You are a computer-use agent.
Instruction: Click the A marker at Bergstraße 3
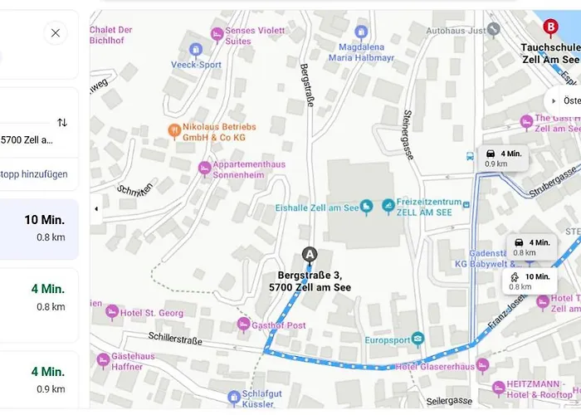click(x=310, y=255)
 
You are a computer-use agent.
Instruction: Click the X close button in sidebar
click(x=56, y=33)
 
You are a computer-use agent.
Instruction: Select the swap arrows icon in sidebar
click(x=62, y=122)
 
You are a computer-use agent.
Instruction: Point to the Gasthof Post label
click(x=278, y=325)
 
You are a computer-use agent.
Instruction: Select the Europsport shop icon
click(x=417, y=339)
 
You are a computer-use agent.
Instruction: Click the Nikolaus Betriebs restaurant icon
click(x=173, y=129)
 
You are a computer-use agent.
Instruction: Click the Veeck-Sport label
click(x=196, y=64)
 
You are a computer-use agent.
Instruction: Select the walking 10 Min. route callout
click(x=530, y=281)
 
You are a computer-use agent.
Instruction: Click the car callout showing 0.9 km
click(x=503, y=158)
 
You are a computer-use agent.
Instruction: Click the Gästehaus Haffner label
click(x=133, y=362)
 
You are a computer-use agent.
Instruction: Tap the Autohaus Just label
click(x=455, y=30)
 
